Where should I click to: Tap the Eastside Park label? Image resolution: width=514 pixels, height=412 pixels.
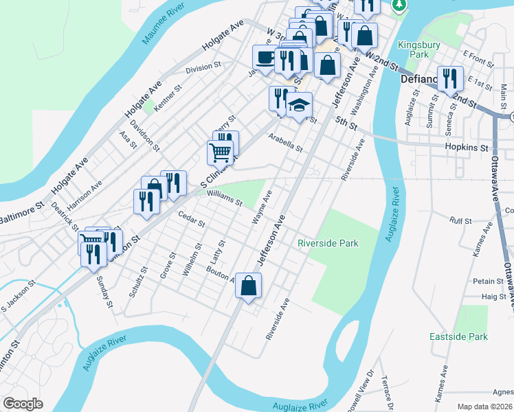coord(458,336)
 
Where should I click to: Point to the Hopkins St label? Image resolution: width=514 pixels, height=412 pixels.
coord(466,148)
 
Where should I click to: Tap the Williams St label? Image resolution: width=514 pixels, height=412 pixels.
coord(224,199)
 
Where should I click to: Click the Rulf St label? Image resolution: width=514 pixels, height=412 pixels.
coord(460,221)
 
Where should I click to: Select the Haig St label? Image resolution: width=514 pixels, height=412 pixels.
coord(493,297)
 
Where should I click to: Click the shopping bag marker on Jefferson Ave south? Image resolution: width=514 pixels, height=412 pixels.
coord(249,286)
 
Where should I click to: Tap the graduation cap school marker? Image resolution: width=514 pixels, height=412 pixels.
coord(299,105)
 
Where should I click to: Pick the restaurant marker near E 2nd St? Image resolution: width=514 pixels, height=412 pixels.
coord(450,78)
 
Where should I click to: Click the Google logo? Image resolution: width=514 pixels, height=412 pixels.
coord(23,404)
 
